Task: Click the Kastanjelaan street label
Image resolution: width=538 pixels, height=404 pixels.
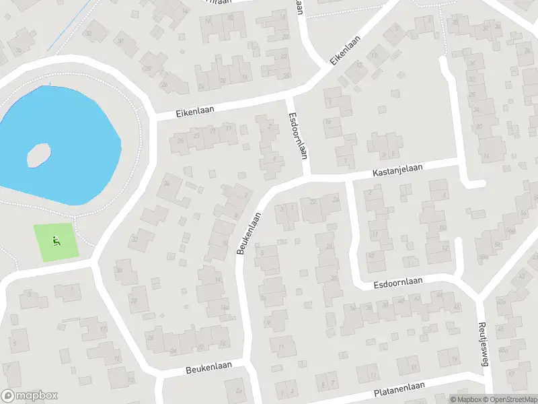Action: point(398,172)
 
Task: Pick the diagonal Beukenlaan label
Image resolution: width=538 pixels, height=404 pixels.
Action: point(248,234)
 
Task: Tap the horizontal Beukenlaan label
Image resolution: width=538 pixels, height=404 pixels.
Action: point(208,368)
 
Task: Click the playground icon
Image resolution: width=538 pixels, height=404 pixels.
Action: point(56,241)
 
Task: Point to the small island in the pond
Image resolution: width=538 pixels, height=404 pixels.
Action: point(39,156)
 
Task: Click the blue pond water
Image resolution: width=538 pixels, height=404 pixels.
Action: point(74,135)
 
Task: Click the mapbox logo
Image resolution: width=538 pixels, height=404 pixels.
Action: point(30,395)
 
